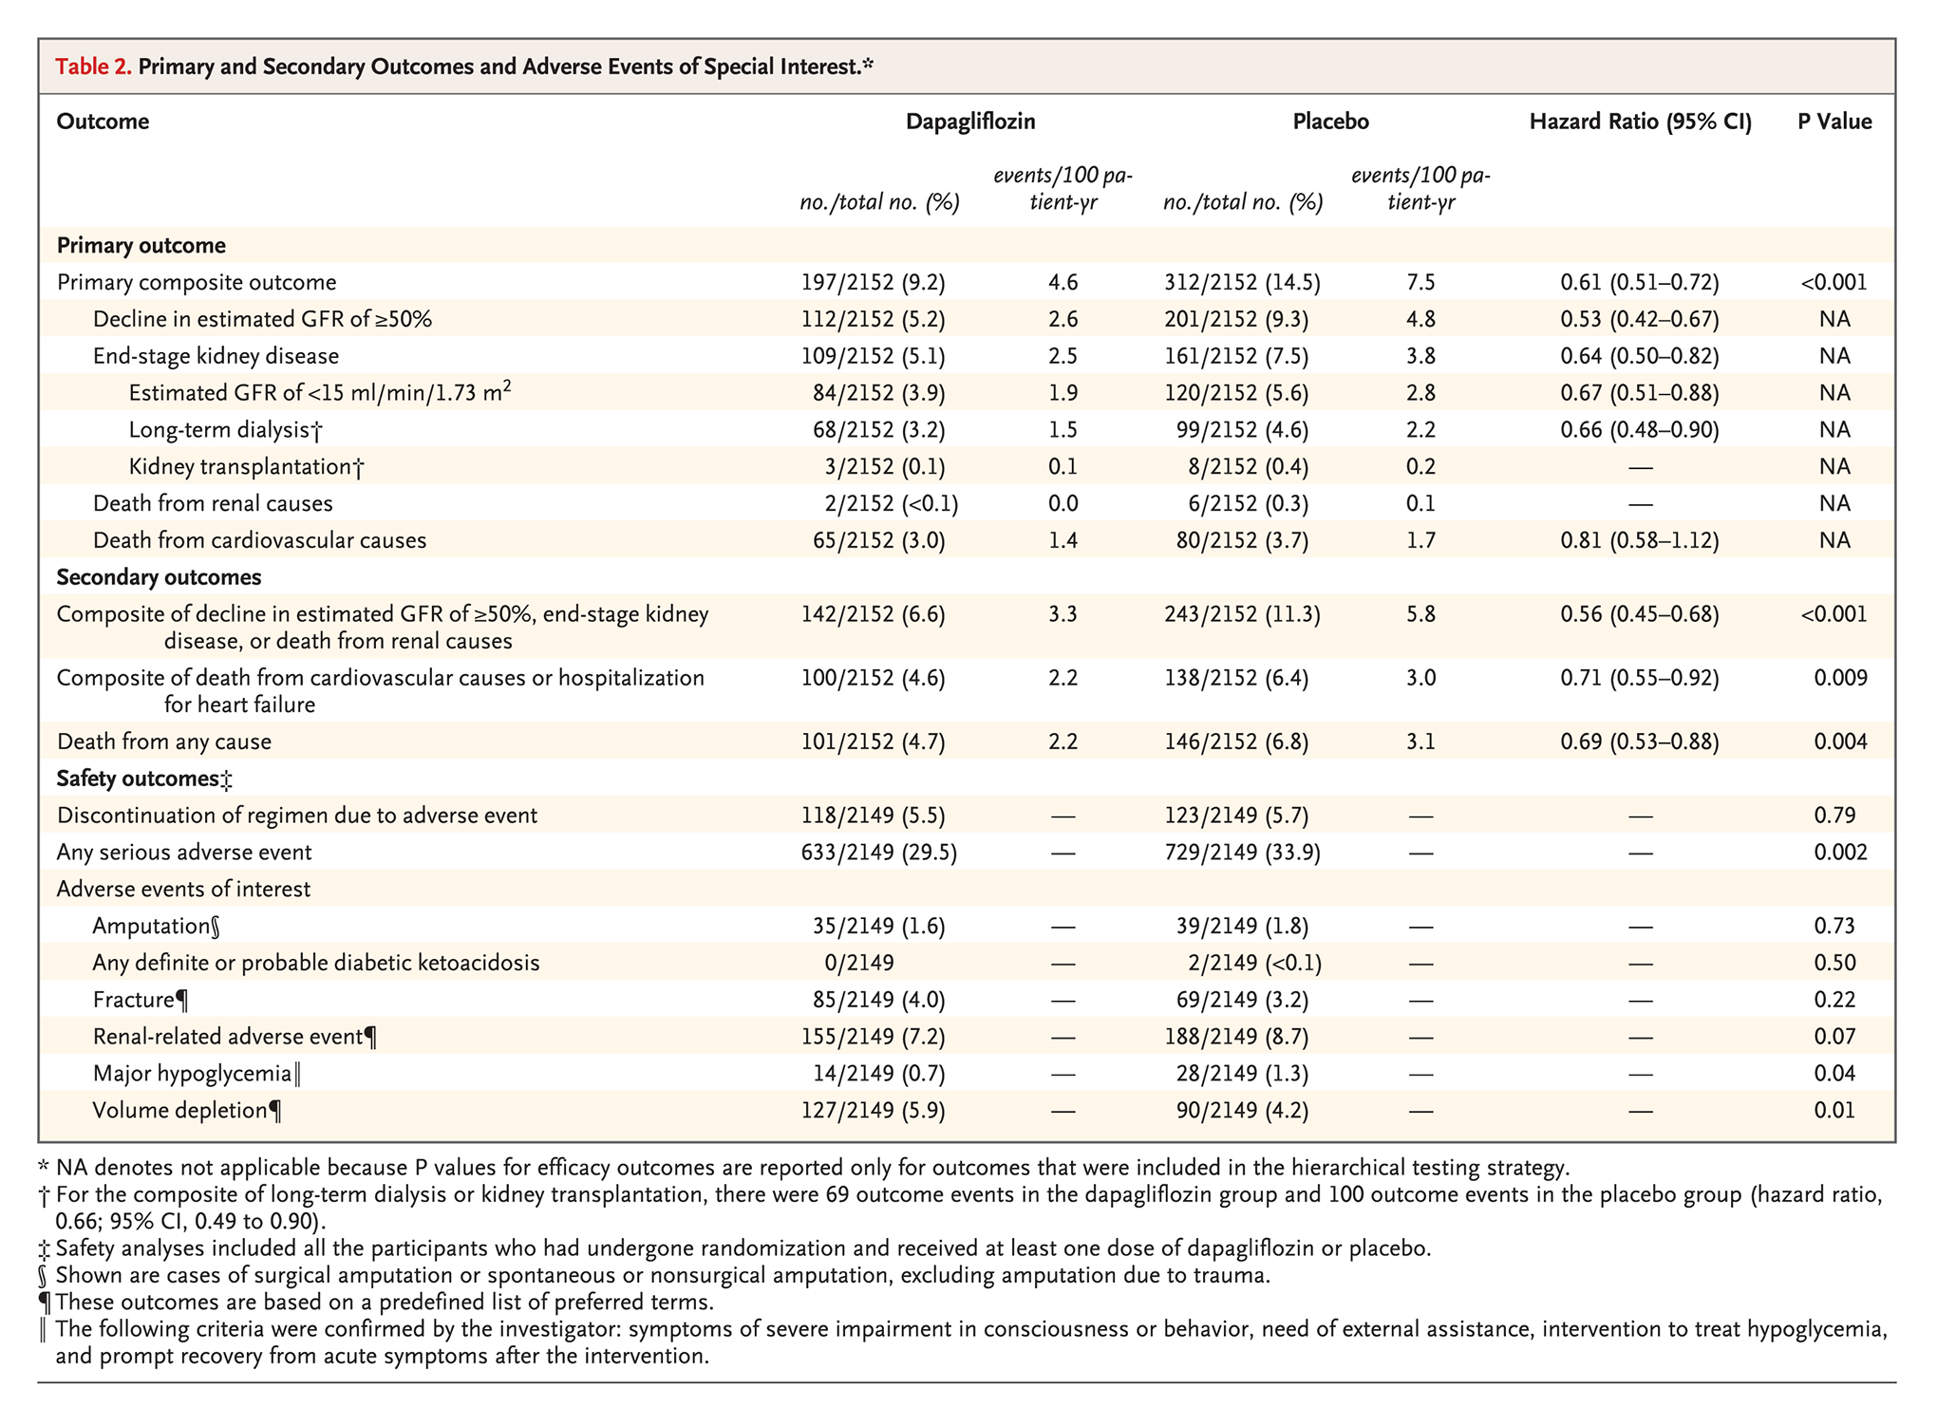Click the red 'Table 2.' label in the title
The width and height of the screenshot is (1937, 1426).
point(93,66)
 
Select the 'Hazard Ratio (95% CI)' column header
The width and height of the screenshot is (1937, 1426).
point(1640,122)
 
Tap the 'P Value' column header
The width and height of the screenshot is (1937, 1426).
point(1834,122)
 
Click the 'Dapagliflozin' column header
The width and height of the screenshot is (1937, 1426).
point(969,122)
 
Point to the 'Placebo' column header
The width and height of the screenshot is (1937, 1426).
point(1330,122)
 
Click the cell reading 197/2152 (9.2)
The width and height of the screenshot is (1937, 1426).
point(873,282)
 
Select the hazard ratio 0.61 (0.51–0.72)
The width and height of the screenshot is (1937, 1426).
point(1639,282)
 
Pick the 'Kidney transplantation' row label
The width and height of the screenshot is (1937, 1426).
point(245,466)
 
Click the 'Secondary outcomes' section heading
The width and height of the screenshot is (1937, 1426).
point(159,577)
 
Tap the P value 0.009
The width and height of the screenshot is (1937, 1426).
point(1839,678)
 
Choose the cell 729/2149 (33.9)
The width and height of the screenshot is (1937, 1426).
point(1241,852)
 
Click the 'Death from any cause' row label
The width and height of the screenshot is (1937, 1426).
point(163,741)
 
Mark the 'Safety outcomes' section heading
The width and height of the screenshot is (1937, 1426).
point(143,779)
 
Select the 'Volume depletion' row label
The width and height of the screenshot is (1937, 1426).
point(186,1110)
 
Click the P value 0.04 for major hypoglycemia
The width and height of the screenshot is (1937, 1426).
point(1834,1073)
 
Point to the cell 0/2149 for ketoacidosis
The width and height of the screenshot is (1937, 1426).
point(858,963)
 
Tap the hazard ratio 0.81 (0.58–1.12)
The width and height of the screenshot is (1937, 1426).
point(1639,540)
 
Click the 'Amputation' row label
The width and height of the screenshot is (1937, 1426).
point(156,926)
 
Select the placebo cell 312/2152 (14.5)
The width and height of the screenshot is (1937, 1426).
point(1241,282)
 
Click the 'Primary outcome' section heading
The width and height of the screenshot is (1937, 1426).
point(141,245)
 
